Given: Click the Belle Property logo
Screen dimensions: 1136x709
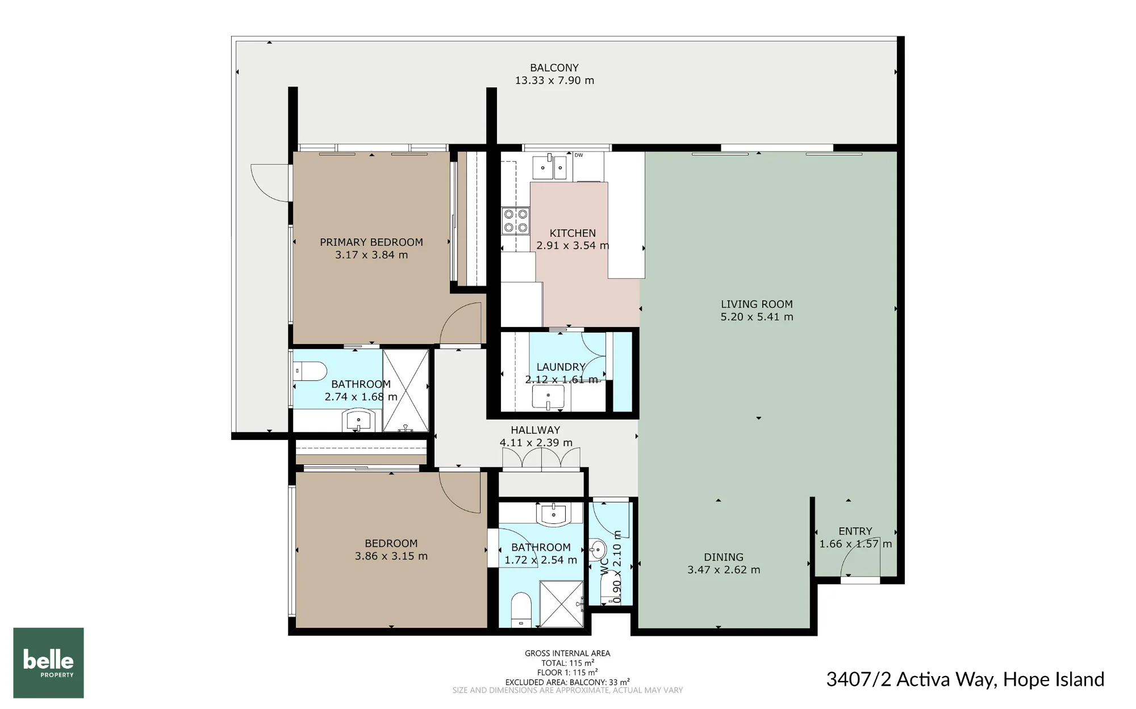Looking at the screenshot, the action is point(48,662).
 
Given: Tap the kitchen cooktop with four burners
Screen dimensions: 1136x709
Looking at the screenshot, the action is point(515,221).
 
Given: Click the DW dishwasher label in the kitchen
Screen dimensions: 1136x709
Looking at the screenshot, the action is point(579,156).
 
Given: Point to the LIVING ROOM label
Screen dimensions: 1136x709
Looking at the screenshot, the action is point(757,304).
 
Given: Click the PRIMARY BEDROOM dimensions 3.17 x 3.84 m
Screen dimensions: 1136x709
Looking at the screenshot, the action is point(371,255).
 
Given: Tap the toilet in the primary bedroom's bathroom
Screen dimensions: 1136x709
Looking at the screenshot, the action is point(310,371).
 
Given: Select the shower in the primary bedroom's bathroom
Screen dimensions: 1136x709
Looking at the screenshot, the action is point(406,391).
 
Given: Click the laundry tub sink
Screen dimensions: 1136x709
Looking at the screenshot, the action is point(548,397).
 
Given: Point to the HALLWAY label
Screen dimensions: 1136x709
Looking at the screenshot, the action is point(535,430).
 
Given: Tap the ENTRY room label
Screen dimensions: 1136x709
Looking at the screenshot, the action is point(855,531).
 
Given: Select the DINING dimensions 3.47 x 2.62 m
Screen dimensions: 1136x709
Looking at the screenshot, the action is point(724,570).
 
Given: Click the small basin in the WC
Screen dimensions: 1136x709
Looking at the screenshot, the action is point(597,549).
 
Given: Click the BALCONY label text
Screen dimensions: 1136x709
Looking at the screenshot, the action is point(554,68).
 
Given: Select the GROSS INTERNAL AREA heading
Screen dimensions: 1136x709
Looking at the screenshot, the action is point(567,653).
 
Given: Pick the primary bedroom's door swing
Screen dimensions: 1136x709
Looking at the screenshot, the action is point(461,323).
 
